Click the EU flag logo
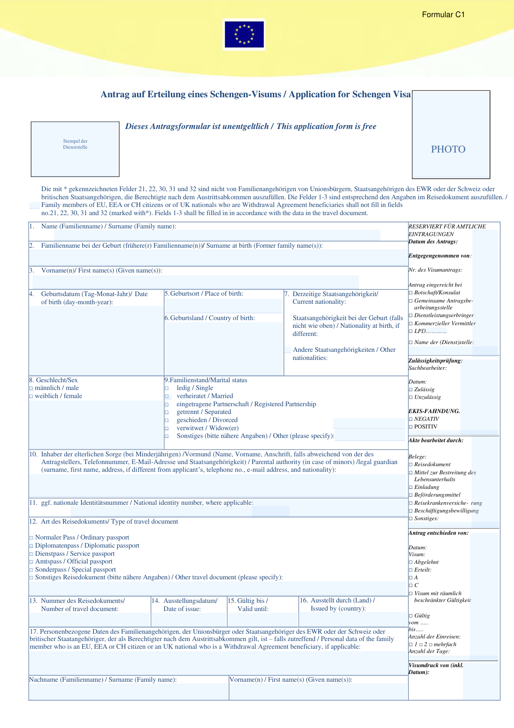coord(244,34)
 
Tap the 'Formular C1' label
coord(443,15)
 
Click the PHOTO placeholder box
coord(451,135)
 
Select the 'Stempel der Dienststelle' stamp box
coord(75,149)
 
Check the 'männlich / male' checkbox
coord(31,388)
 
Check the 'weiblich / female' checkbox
coord(31,396)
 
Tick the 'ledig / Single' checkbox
coord(167,388)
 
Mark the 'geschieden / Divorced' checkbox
coord(167,420)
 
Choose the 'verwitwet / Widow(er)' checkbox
coord(167,428)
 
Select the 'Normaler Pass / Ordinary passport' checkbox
coord(31,538)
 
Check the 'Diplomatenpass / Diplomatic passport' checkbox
coord(31,546)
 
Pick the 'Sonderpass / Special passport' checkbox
coord(31,570)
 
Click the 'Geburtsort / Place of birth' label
coord(204,294)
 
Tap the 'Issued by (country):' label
coord(338,608)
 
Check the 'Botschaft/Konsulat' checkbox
coord(410,293)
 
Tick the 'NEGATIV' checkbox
coord(410,419)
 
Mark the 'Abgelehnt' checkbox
coord(410,562)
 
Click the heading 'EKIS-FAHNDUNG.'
coord(434,411)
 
